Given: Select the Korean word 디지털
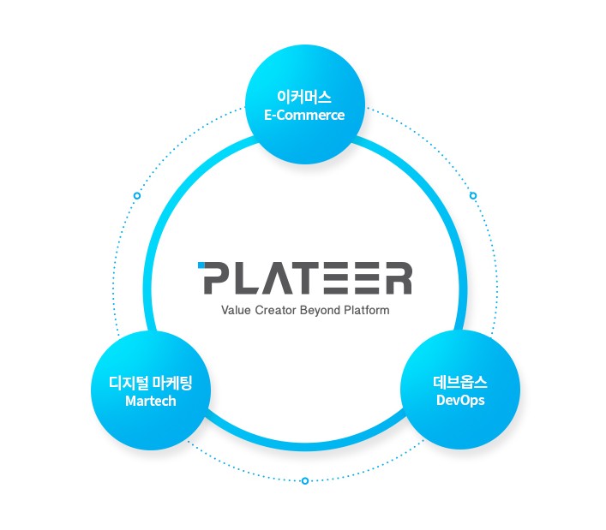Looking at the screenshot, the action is [x=126, y=383].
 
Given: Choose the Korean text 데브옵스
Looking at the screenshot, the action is [x=460, y=381].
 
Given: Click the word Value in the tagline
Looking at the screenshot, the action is [x=235, y=310].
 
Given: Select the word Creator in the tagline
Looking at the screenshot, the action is [x=274, y=310].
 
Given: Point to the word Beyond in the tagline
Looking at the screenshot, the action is [x=320, y=310].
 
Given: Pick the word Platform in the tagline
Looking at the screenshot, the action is [x=365, y=310].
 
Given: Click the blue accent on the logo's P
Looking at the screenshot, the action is [x=201, y=265].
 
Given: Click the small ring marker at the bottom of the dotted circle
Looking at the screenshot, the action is [x=305, y=481].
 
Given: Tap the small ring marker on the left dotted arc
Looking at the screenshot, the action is [x=137, y=196].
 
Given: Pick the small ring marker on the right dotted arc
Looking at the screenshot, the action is [x=473, y=196].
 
